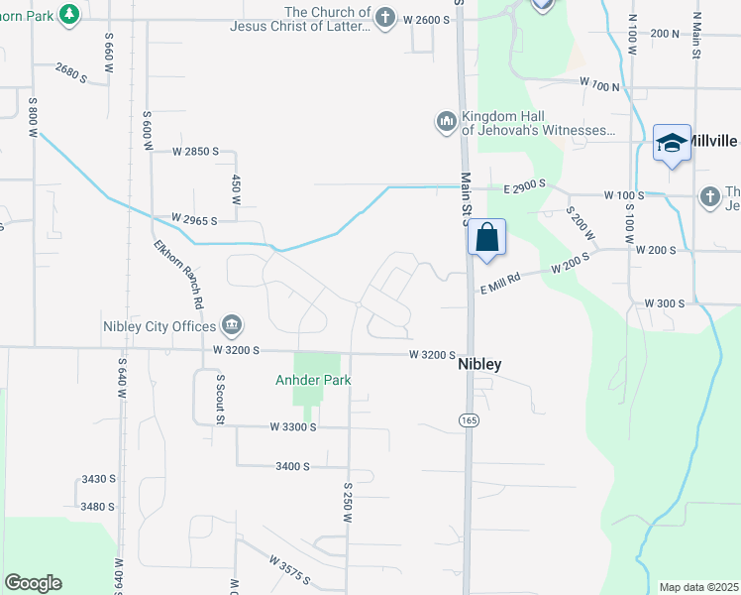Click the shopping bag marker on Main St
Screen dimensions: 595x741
[x=486, y=238]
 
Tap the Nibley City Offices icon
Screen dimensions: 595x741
[x=232, y=324]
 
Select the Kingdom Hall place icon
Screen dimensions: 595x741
[x=446, y=122]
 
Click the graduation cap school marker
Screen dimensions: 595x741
[x=672, y=144]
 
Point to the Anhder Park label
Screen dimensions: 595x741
[x=313, y=380]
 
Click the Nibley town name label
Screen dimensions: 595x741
[x=479, y=364]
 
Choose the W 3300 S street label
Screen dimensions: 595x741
[x=292, y=426]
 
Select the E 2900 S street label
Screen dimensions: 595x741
[x=524, y=186]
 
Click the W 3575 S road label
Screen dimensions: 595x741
[x=289, y=570]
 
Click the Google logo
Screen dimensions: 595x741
[x=33, y=583]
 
